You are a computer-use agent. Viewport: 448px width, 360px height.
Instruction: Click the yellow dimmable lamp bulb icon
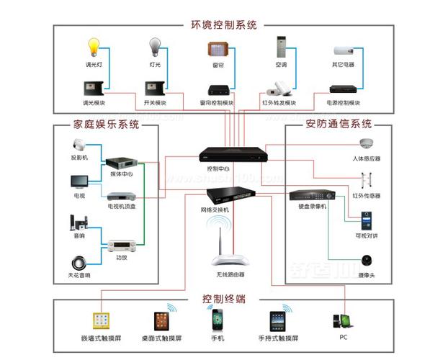92,48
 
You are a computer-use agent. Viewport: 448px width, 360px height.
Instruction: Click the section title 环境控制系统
224,25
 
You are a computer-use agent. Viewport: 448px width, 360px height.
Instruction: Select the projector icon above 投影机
79,144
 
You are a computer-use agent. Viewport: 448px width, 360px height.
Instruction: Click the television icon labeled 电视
79,181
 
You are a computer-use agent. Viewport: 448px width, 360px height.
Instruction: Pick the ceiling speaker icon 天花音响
80,262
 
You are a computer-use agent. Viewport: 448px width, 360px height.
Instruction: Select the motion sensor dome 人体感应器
366,145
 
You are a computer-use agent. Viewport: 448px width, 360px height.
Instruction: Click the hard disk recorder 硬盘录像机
312,195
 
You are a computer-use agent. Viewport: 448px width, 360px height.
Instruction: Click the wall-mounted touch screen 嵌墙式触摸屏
100,320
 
